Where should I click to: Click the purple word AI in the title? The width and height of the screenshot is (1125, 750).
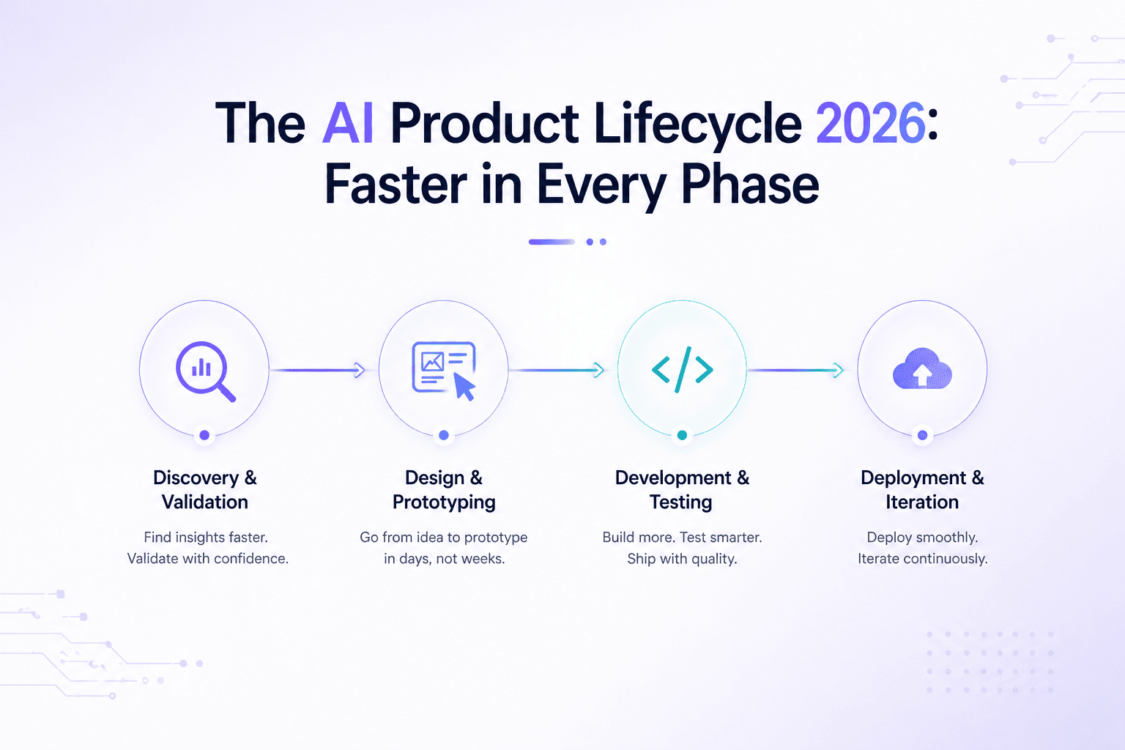click(x=348, y=123)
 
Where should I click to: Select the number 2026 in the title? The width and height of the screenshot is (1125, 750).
click(x=871, y=123)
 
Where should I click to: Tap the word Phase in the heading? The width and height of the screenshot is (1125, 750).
click(x=750, y=185)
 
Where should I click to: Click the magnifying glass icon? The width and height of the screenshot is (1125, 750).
click(x=205, y=371)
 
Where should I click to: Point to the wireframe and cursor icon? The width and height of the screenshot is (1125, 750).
click(x=444, y=371)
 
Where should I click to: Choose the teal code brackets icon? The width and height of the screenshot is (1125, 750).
click(x=682, y=370)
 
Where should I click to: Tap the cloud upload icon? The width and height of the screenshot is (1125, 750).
click(x=922, y=368)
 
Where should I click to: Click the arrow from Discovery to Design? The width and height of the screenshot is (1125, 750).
click(x=317, y=370)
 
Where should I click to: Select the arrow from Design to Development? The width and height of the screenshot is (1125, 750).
click(x=557, y=370)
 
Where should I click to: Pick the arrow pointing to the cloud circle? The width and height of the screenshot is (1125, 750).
click(x=796, y=370)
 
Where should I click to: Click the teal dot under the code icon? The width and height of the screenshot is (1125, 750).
click(x=682, y=435)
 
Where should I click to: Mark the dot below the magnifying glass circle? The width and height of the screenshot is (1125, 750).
click(x=204, y=435)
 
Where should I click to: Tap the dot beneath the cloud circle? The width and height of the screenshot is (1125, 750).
click(x=923, y=435)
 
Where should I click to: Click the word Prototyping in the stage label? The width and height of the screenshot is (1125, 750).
click(x=444, y=502)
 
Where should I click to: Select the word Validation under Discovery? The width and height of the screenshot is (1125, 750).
click(x=205, y=502)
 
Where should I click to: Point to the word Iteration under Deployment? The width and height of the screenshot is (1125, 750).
click(x=922, y=502)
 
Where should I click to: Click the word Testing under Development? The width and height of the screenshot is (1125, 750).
click(x=681, y=502)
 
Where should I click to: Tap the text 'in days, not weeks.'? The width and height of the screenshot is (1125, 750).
click(x=445, y=559)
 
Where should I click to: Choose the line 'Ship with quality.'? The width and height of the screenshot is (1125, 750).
click(x=682, y=559)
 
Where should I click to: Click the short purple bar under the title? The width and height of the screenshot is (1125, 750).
click(x=552, y=242)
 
